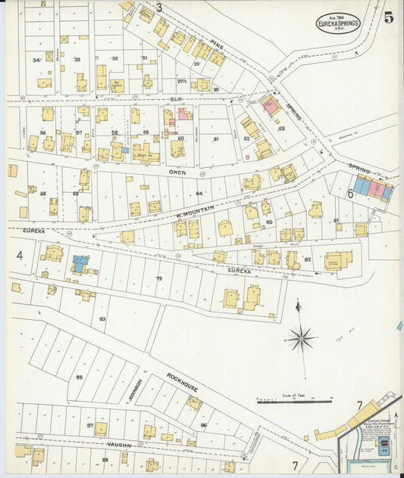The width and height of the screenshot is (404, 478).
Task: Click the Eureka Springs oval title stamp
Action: point(337,22)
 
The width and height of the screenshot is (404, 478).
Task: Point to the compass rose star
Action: point(302,337)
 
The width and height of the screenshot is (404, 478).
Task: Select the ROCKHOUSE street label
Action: point(183,382)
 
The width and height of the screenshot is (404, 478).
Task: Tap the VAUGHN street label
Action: point(119,445)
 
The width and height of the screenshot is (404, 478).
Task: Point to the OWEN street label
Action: point(177,172)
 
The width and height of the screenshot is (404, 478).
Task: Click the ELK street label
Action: point(177,98)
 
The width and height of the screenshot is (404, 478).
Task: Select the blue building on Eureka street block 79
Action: point(80,264)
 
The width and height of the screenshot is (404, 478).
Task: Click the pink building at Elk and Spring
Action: point(271,106)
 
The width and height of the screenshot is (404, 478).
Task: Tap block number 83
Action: point(102,318)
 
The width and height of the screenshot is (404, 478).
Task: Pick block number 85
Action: point(79,376)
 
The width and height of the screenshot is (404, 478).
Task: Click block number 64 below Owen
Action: point(199,194)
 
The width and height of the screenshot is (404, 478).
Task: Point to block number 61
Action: point(215,138)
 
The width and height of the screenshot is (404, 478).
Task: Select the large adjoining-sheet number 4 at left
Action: point(20,256)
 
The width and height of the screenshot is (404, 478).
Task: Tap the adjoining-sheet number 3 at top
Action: point(159,8)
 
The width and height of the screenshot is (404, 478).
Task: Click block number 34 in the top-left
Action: point(36,60)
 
